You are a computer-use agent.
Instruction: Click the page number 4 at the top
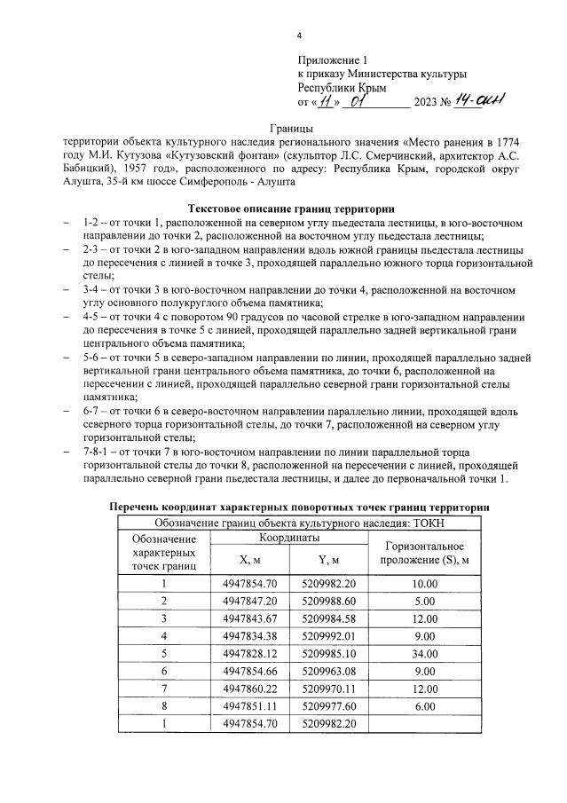299,35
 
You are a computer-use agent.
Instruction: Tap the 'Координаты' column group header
289,539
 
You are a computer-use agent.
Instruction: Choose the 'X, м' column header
250,560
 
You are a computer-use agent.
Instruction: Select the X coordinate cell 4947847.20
250,601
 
